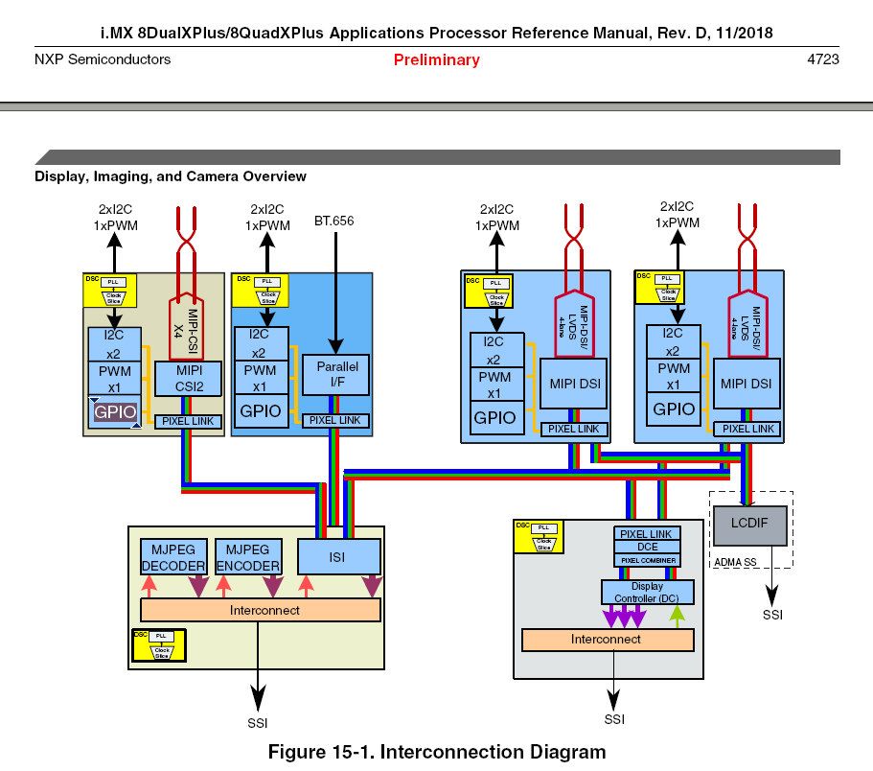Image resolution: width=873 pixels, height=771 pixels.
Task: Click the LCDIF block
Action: (751, 526)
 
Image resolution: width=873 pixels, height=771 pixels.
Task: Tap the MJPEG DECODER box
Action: (173, 557)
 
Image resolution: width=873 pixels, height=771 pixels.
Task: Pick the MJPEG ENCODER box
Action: (248, 557)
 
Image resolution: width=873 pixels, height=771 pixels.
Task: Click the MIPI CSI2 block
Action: (187, 379)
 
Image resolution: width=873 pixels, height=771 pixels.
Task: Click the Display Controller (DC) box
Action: (647, 592)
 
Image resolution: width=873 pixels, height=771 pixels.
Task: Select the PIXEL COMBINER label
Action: (647, 560)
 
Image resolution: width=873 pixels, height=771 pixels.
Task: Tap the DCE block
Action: (647, 547)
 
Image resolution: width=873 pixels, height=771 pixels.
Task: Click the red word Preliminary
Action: (436, 60)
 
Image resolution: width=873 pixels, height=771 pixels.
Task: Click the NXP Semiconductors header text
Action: (103, 59)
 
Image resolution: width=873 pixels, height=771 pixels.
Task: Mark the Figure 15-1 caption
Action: (436, 752)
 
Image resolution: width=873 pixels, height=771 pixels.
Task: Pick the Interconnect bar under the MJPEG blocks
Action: (261, 610)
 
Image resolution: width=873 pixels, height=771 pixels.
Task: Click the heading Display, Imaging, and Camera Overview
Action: (171, 176)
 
